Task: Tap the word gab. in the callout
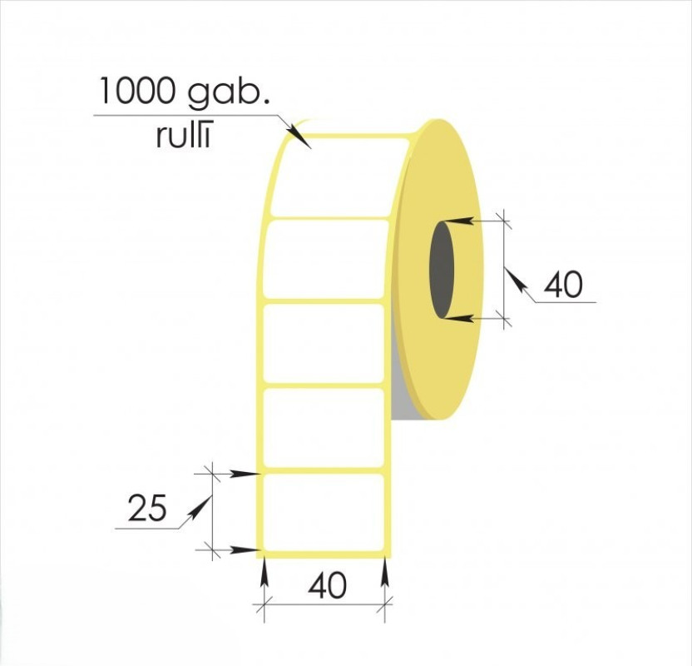[x=229, y=93]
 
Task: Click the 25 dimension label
[x=147, y=508]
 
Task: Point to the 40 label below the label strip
[x=328, y=586]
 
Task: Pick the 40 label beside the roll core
[x=563, y=285]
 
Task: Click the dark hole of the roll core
[x=442, y=270]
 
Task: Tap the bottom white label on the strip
[x=324, y=512]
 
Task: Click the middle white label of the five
[x=324, y=343]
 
